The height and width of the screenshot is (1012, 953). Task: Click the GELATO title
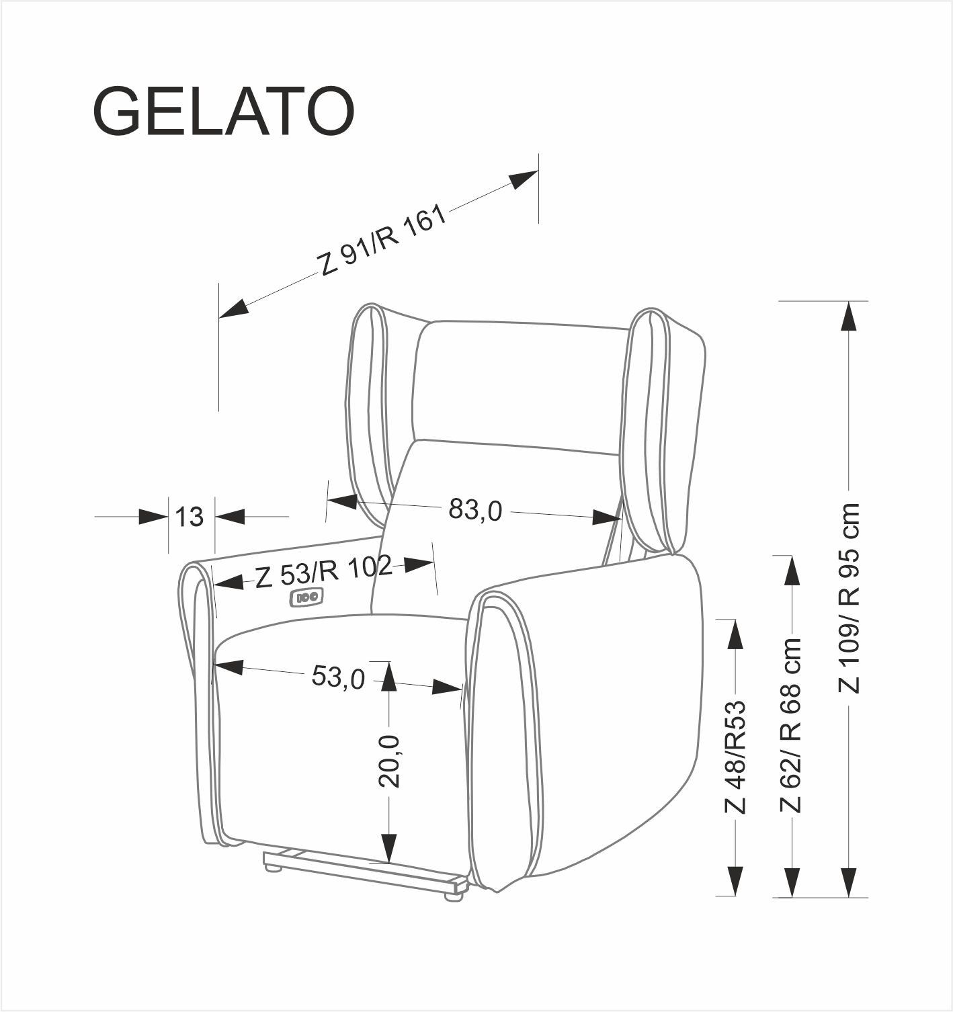pos(224,112)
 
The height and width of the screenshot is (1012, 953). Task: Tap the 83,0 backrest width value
pos(475,510)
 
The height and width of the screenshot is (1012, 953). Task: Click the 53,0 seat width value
pos(338,677)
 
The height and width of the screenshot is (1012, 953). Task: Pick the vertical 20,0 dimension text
pos(389,761)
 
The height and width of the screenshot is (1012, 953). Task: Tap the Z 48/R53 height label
pos(736,757)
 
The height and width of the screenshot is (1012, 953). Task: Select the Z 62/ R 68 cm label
pos(792,725)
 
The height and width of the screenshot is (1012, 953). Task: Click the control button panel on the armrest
pos(306,596)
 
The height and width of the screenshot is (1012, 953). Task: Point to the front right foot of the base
pos(455,894)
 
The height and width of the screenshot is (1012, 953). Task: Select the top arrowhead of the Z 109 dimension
pos(850,316)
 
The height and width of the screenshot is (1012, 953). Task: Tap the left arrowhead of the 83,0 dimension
pos(341,501)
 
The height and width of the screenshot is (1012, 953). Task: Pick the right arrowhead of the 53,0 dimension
pos(448,687)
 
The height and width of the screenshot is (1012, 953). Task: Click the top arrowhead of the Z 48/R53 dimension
pos(736,634)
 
